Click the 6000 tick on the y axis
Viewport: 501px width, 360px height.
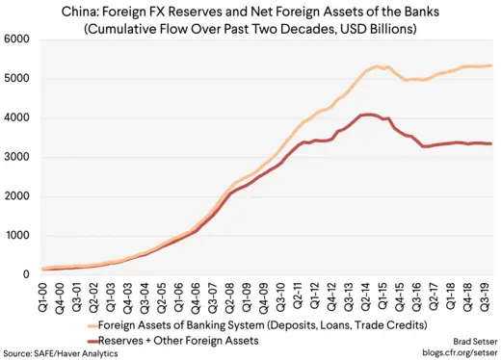pyautogui.click(x=19, y=39)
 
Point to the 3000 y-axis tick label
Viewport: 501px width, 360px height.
pyautogui.click(x=19, y=157)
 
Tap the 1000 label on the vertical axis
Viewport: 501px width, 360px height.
pyautogui.click(x=19, y=235)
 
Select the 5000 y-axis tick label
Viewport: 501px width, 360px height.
pyautogui.click(x=19, y=78)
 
